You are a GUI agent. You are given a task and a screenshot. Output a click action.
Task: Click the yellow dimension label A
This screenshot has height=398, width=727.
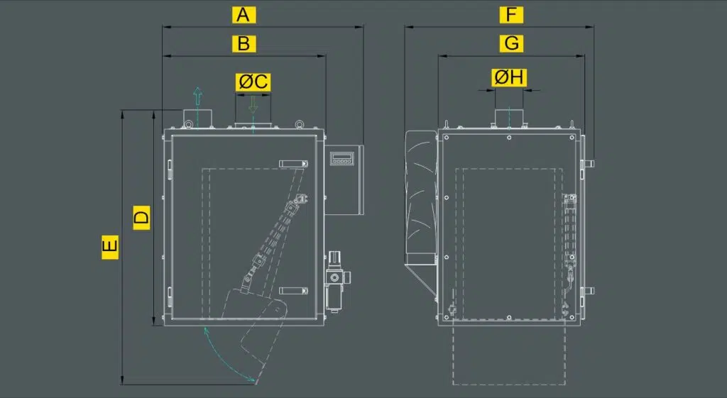244,15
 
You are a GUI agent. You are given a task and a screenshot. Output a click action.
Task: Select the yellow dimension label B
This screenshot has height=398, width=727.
244,43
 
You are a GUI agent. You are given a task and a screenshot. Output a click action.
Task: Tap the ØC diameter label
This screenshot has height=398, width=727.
253,82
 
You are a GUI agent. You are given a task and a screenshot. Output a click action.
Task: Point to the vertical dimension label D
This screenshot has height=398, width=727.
142,217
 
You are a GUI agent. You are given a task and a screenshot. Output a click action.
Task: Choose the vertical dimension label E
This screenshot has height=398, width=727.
110,247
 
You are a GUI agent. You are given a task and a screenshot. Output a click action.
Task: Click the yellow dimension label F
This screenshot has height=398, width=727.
511,15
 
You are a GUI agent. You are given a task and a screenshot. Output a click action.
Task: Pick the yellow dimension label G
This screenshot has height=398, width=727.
511,43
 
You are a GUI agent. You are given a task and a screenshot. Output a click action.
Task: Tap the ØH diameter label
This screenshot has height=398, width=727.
509,77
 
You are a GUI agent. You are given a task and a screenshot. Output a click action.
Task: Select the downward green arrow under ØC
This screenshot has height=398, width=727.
253,104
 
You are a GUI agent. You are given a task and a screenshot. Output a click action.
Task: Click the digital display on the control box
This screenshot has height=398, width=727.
341,158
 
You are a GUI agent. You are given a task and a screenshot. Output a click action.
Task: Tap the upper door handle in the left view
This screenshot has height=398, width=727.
293,164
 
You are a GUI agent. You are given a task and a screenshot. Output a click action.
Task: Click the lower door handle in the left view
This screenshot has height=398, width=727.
293,290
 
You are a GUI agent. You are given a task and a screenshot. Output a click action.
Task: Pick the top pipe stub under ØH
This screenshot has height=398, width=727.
508,117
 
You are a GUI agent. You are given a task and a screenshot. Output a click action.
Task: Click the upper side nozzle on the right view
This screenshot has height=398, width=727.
589,164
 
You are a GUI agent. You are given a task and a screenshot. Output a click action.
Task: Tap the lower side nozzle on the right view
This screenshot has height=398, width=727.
589,291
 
